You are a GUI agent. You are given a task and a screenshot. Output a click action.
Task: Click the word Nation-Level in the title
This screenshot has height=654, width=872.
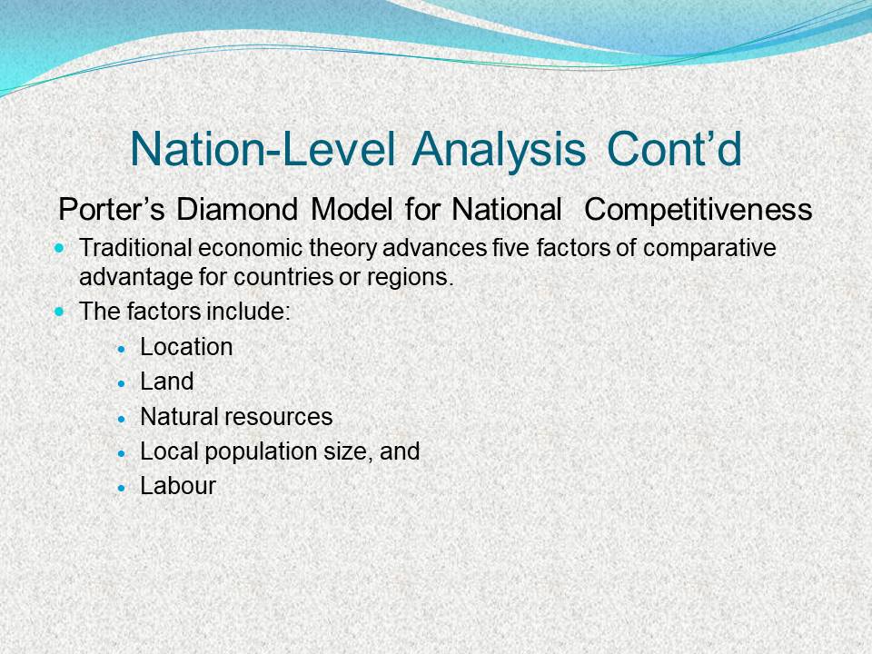click(263, 149)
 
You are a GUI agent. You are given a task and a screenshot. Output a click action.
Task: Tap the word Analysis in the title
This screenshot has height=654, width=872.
click(499, 150)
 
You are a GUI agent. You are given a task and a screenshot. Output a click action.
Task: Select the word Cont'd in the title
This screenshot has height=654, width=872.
click(674, 149)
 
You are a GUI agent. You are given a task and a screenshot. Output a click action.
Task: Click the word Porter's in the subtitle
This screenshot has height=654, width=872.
click(111, 210)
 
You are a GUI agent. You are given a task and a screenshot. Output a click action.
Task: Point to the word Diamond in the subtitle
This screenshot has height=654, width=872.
click(237, 210)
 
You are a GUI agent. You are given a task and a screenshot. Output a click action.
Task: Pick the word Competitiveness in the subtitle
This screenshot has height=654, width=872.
click(698, 210)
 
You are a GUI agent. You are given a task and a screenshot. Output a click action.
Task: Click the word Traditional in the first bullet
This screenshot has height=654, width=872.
click(135, 247)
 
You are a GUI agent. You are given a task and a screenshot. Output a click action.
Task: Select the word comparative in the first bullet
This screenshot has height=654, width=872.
click(709, 248)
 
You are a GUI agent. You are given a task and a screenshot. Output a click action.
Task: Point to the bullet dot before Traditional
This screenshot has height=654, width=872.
click(60, 247)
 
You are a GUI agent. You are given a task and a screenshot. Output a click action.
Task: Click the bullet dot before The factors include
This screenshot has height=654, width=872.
click(60, 311)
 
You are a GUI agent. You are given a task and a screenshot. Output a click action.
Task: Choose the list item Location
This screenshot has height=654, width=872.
click(186, 347)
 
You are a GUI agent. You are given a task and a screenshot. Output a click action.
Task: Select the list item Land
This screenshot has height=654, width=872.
click(167, 381)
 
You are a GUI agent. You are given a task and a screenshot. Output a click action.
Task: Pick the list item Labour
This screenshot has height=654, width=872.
click(178, 485)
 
